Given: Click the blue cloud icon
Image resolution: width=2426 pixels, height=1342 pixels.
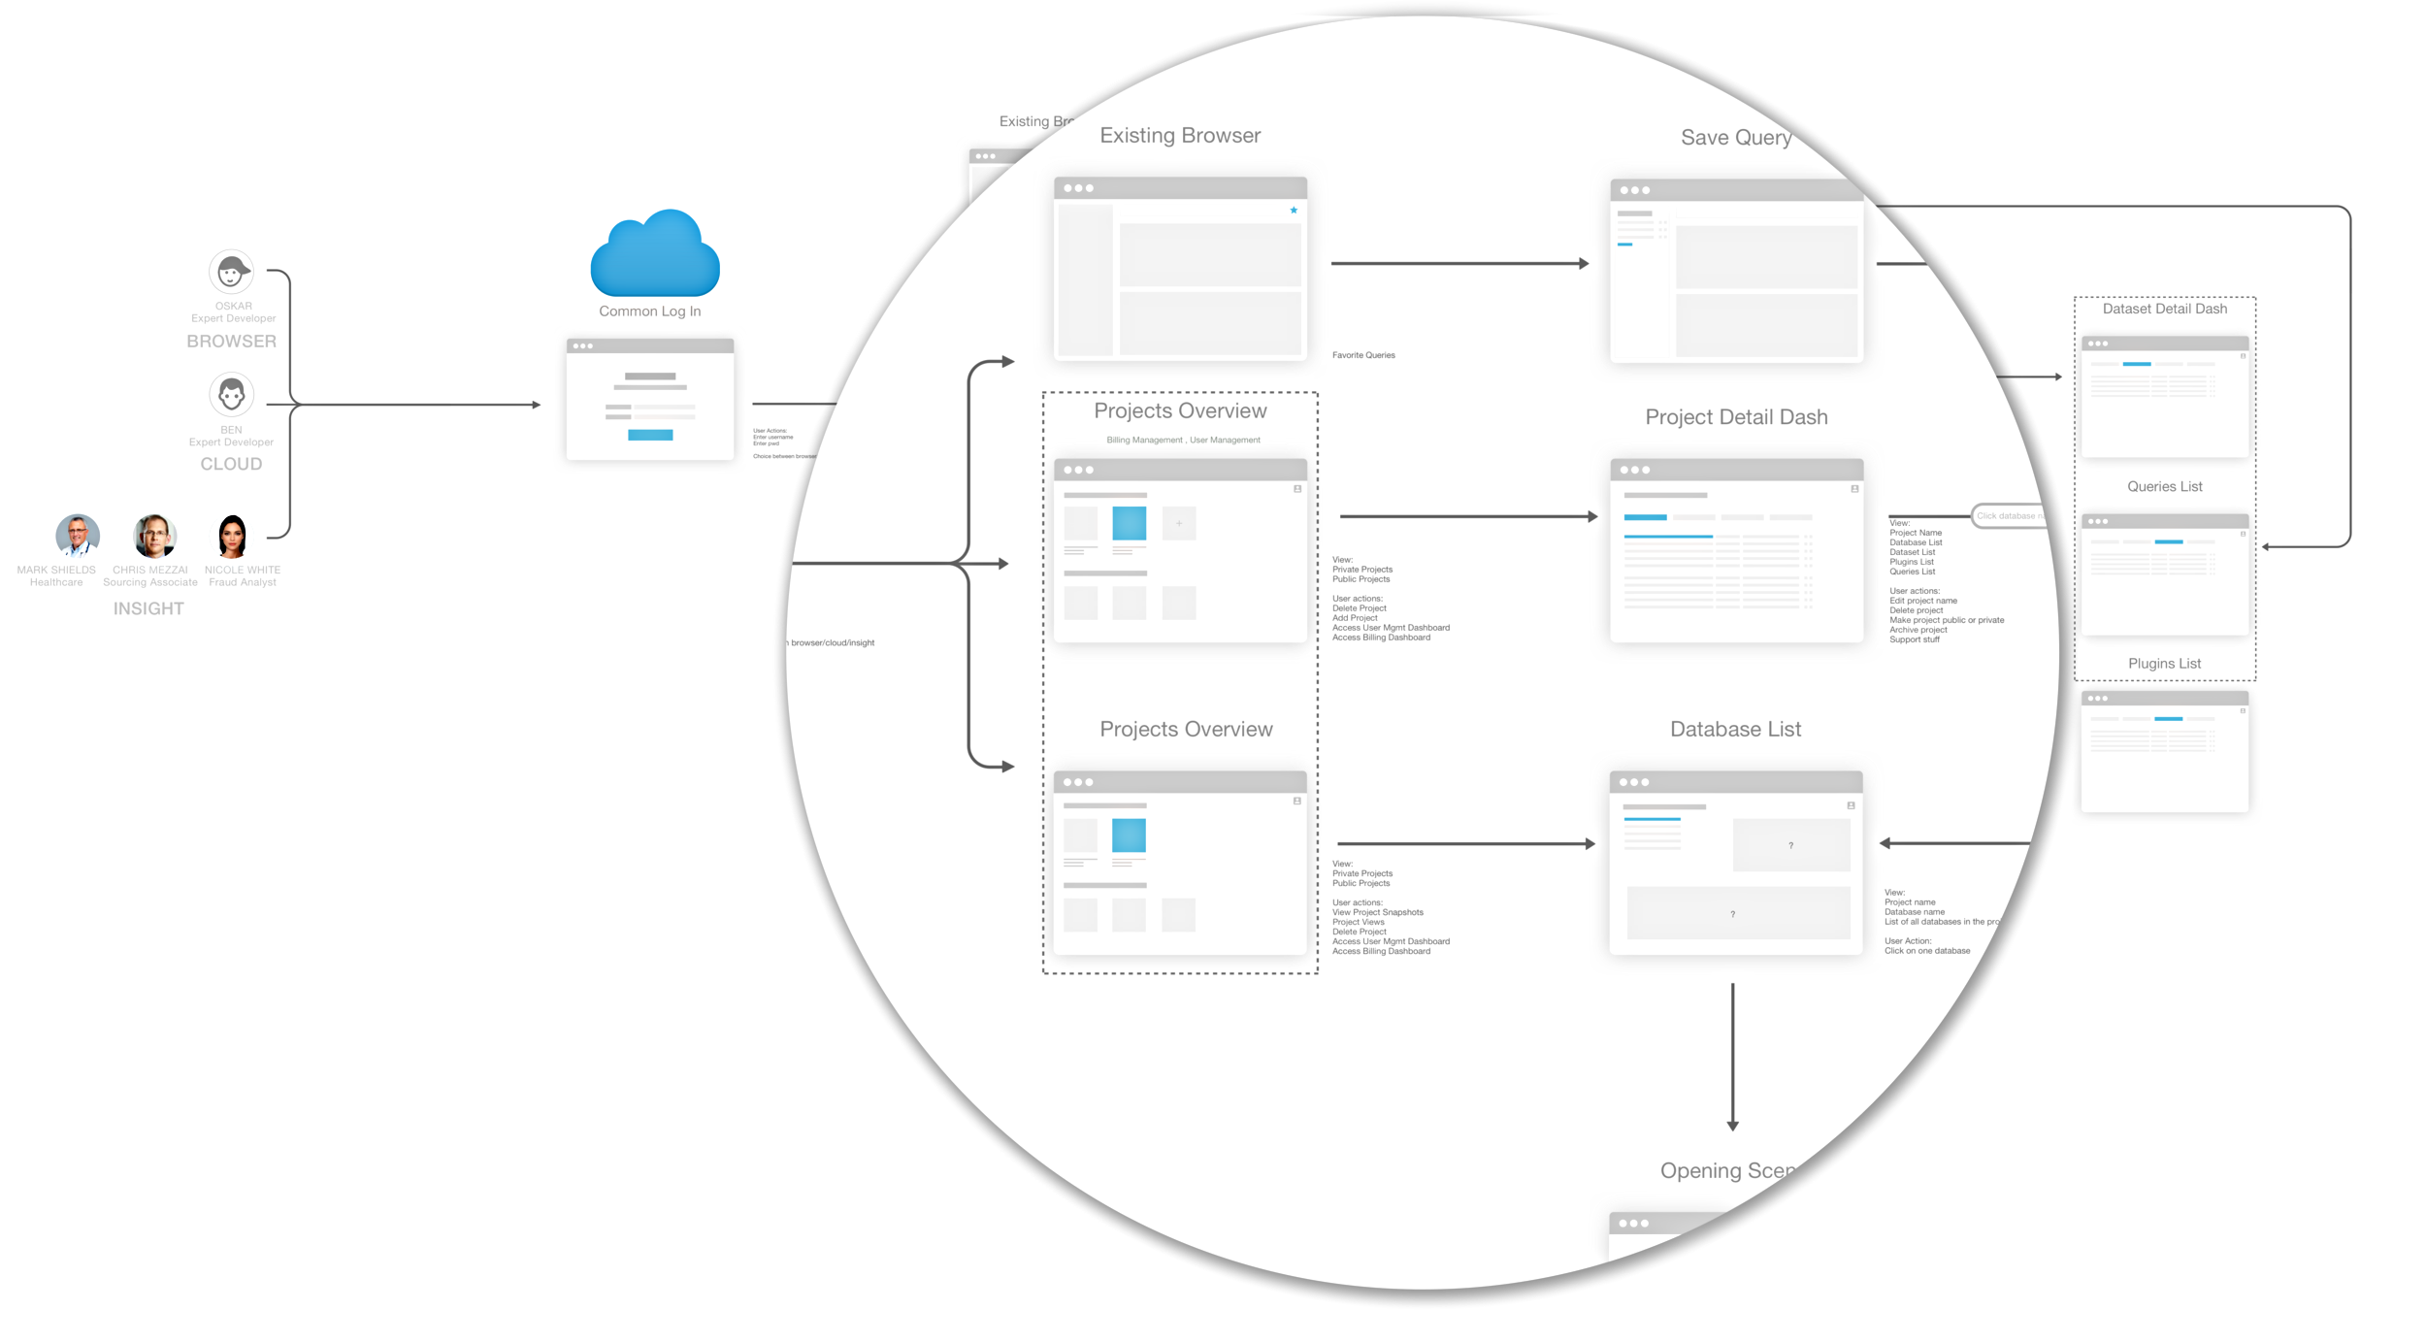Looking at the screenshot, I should [655, 255].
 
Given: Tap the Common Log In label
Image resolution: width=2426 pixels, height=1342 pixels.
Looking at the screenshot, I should [649, 311].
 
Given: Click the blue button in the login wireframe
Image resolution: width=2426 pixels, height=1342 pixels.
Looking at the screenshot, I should [650, 435].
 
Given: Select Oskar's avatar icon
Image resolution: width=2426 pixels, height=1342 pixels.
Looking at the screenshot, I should [231, 273].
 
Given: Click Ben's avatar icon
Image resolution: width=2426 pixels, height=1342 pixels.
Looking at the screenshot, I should [231, 395].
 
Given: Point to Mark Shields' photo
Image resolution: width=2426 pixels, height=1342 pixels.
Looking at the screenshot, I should [77, 536].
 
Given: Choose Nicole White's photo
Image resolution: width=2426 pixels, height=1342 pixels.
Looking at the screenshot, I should [232, 536].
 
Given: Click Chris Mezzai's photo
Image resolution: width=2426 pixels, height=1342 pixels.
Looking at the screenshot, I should [154, 536].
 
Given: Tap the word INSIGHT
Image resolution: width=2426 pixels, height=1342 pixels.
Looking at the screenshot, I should [148, 608].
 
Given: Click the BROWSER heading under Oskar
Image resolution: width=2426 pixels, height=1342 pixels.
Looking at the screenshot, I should [231, 342].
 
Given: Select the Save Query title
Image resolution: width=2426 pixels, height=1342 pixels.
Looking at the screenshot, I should [1735, 138].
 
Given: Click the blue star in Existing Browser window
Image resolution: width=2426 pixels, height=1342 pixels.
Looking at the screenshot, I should [1294, 210].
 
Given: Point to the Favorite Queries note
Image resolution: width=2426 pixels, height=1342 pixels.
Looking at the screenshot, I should [1363, 355].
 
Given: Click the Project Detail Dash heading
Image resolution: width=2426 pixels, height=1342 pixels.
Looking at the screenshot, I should [1736, 417].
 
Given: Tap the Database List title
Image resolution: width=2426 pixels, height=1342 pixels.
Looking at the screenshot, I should [1735, 730].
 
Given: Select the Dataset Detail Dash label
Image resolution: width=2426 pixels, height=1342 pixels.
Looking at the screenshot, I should [2164, 309].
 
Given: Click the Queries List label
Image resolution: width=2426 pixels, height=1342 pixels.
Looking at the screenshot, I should [2164, 487].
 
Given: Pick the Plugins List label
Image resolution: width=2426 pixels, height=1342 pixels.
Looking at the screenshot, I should [2164, 664].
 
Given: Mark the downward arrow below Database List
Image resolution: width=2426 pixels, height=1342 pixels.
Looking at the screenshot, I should [1732, 1058].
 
